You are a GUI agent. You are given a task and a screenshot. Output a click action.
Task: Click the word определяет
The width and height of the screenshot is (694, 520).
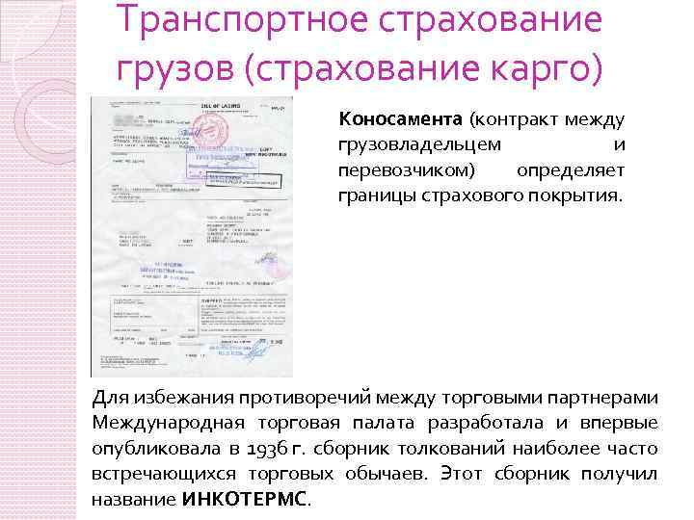point(571,171)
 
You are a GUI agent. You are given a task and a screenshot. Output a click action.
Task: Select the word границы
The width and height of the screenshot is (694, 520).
point(370,196)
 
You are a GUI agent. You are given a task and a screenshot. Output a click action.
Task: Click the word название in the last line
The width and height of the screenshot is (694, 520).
point(133,500)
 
